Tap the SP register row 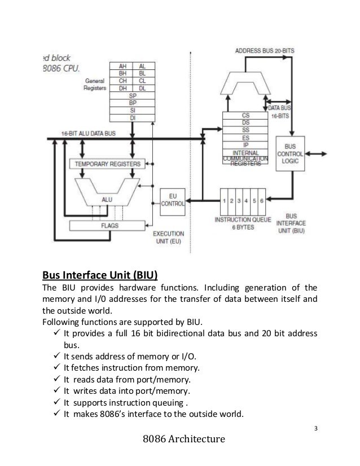[131, 96]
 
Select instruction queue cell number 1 [225, 201]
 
